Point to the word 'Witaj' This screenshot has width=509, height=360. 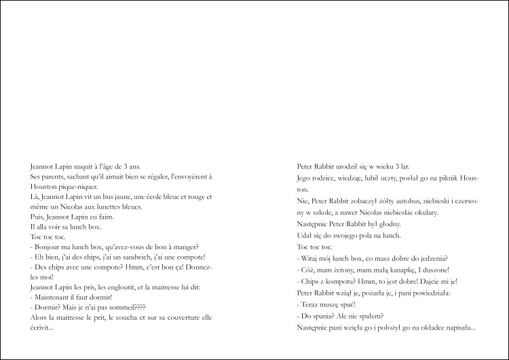(312, 258)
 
